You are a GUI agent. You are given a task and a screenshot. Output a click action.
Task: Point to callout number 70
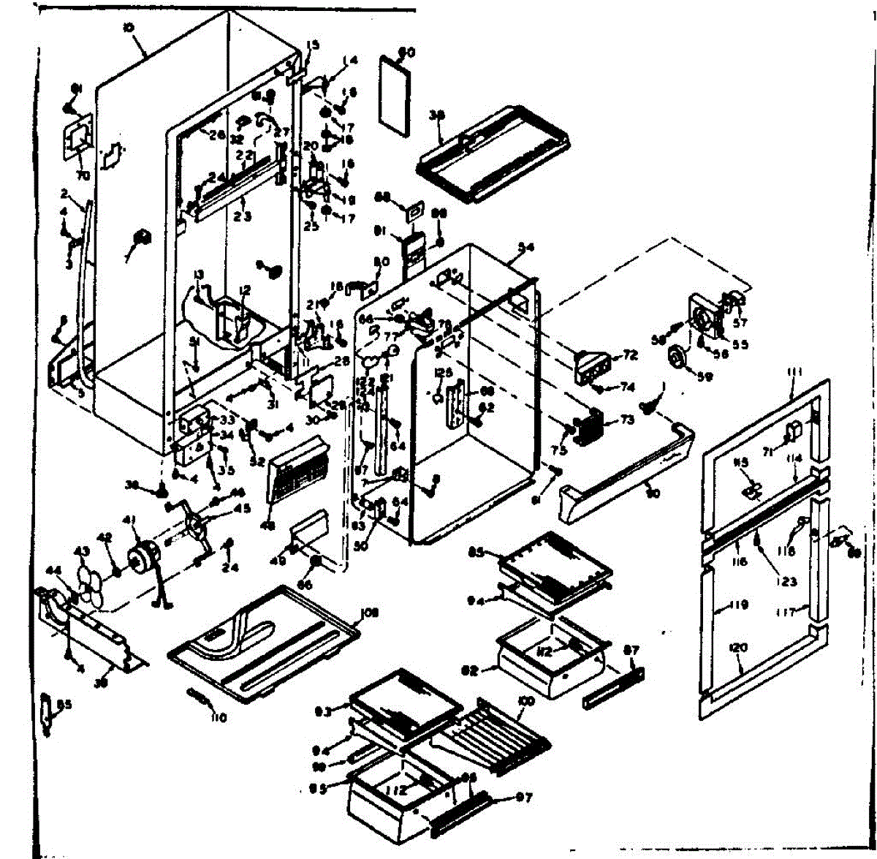pyautogui.click(x=82, y=175)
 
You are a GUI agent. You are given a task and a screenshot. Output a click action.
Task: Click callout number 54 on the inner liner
pyautogui.click(x=525, y=247)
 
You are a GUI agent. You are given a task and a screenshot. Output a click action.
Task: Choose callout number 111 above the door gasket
pyautogui.click(x=795, y=373)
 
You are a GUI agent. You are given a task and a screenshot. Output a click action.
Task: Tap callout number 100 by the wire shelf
pyautogui.click(x=526, y=701)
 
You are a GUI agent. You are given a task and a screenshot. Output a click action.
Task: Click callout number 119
pyautogui.click(x=738, y=605)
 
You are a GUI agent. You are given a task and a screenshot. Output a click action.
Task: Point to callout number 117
pyautogui.click(x=786, y=613)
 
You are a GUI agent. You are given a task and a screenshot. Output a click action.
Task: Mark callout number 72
pyautogui.click(x=630, y=355)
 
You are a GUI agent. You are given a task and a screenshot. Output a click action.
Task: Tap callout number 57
pyautogui.click(x=741, y=300)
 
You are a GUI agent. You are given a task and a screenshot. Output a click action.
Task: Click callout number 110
pyautogui.click(x=218, y=717)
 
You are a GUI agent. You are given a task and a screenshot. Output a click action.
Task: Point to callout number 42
pyautogui.click(x=106, y=537)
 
